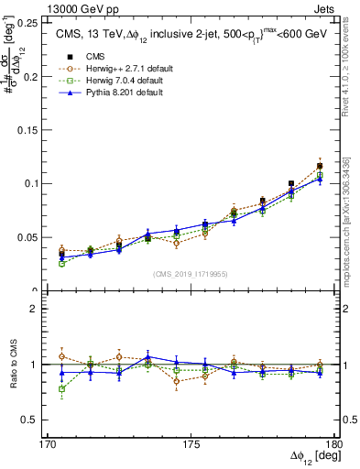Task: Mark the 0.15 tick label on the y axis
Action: (29, 129)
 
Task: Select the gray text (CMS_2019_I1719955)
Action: (191, 274)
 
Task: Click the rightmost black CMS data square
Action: (320, 166)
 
